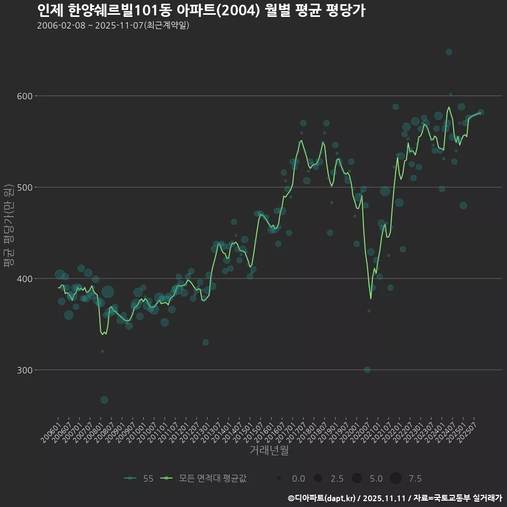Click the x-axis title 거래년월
click(x=269, y=450)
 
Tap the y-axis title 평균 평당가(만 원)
click(x=8, y=226)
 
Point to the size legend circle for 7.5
click(x=396, y=478)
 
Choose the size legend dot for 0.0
click(x=278, y=478)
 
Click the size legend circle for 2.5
click(x=317, y=478)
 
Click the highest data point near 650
click(x=449, y=52)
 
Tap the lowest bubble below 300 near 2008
click(x=104, y=400)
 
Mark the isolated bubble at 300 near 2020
click(x=367, y=370)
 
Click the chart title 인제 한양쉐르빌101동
click(x=201, y=11)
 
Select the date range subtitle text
click(x=113, y=25)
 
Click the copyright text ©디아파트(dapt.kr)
click(x=322, y=498)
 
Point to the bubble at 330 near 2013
click(x=205, y=342)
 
